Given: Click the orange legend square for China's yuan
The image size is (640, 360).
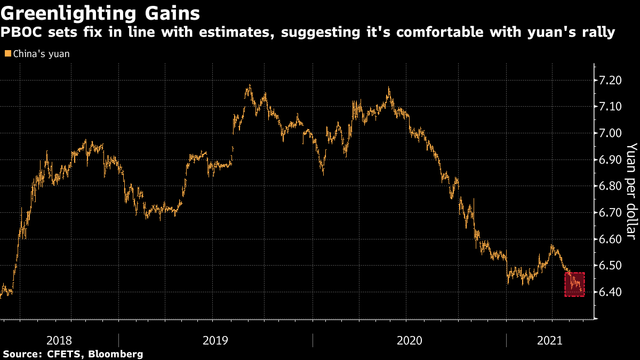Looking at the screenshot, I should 7,54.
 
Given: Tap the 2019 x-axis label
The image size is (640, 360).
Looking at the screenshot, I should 216,340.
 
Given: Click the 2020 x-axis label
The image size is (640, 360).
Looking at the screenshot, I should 410,340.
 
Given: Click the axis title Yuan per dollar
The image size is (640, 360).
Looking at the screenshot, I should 631,189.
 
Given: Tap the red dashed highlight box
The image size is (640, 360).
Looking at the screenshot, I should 575,284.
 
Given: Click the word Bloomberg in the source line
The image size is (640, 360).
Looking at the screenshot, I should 116,354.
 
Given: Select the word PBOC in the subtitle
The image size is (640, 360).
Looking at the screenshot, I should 17,33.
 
